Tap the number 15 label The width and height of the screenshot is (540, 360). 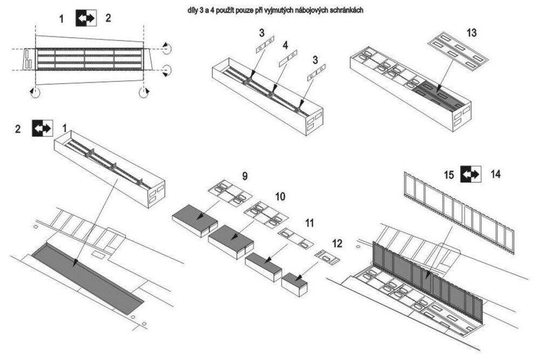tap(448, 174)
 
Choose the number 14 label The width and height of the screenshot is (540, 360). tap(495, 174)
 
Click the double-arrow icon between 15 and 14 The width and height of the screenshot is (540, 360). tap(470, 174)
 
